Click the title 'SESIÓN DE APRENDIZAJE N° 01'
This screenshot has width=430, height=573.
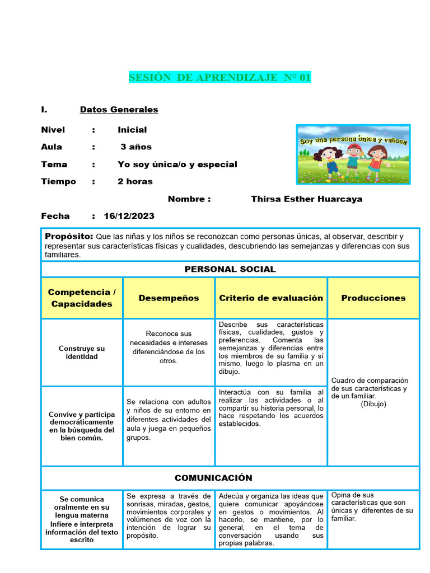(219, 78)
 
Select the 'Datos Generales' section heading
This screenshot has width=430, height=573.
(119, 110)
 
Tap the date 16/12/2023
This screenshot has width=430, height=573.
(129, 216)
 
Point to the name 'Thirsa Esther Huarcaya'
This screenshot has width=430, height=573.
(306, 199)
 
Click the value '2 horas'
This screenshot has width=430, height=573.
(135, 181)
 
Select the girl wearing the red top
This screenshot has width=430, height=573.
(376, 159)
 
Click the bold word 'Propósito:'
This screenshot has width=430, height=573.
(69, 237)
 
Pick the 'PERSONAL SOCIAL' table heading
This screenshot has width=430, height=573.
(230, 269)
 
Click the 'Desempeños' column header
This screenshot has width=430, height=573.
(169, 298)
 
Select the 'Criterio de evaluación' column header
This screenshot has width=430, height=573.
(271, 298)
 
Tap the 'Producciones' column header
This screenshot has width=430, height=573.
(373, 298)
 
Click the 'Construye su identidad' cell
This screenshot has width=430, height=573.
(82, 352)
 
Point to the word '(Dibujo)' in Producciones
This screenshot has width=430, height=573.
(373, 403)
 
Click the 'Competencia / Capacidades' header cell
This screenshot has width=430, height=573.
(82, 298)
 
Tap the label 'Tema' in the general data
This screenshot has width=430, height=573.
(54, 165)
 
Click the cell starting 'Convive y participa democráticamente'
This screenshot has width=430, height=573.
(82, 426)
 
